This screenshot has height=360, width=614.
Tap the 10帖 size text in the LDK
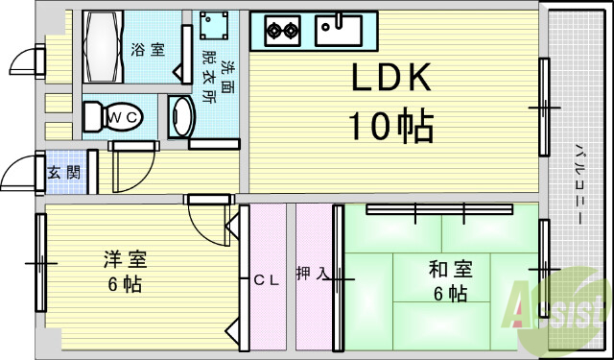[390, 125]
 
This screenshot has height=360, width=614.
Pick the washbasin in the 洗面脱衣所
[181, 119]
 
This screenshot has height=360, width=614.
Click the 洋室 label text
[125, 259]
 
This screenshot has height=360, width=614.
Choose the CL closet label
[265, 280]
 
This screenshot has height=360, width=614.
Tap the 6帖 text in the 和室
[449, 293]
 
